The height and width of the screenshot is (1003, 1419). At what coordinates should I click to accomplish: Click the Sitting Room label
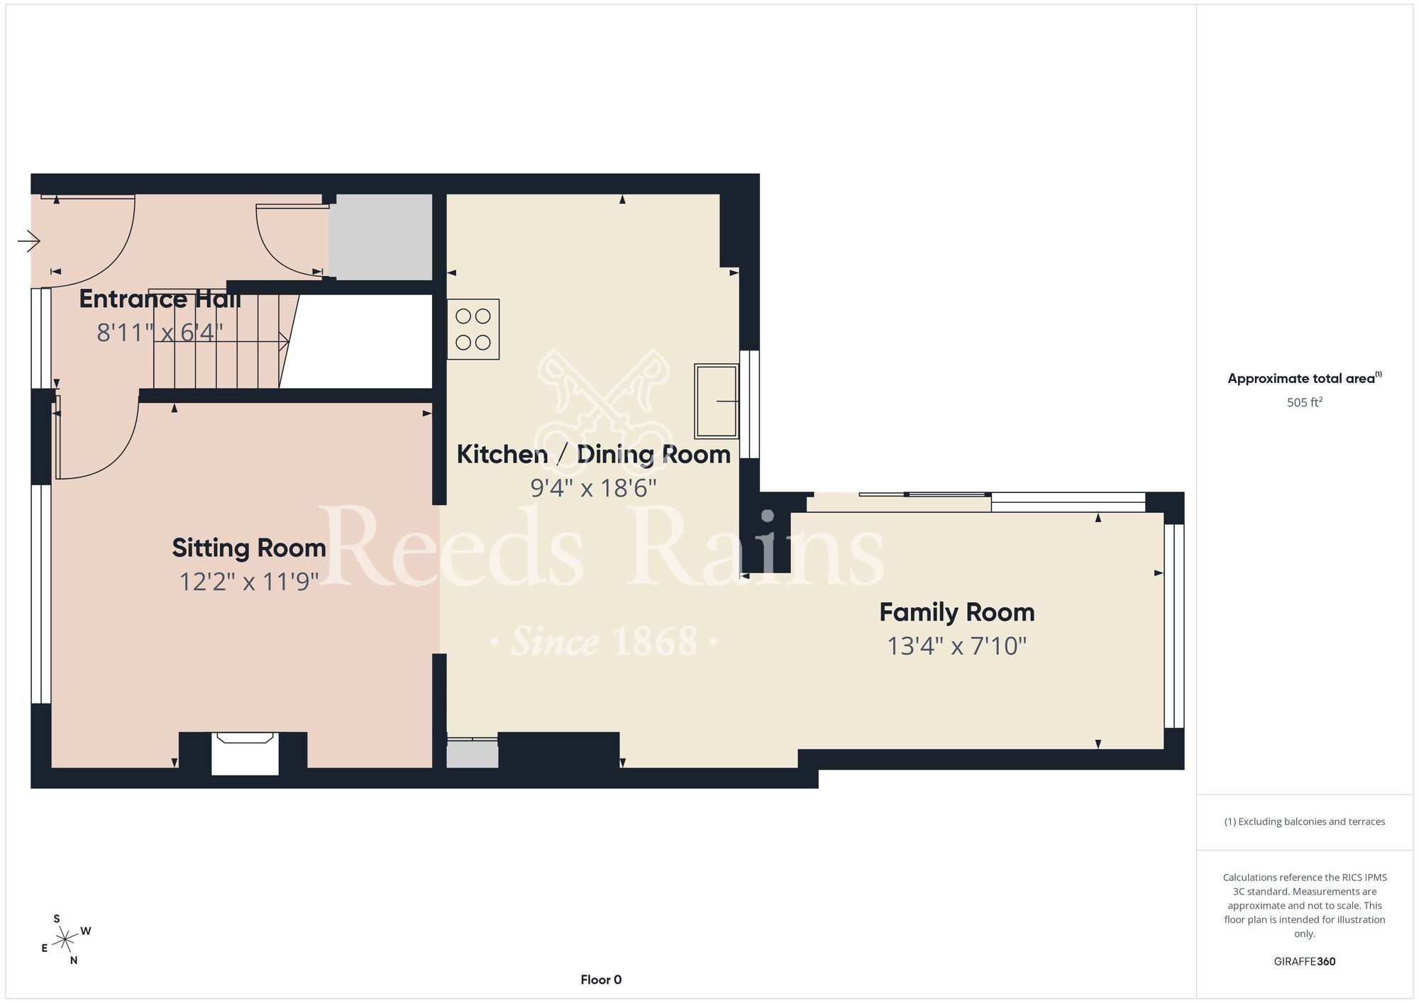click(249, 548)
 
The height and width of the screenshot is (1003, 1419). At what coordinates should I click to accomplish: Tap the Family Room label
click(957, 613)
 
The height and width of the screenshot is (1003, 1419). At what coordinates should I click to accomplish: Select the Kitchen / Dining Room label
click(593, 455)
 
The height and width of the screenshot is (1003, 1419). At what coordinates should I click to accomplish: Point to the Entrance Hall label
click(160, 299)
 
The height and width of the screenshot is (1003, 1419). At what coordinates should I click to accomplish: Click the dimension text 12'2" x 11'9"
click(249, 582)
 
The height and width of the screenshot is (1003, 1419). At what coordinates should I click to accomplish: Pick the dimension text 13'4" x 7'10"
click(957, 646)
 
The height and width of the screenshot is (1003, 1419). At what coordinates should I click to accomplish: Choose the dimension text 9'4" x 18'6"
click(594, 488)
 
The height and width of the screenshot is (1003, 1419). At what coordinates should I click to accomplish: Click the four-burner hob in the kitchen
click(473, 329)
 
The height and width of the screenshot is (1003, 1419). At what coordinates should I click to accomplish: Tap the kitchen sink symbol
click(717, 401)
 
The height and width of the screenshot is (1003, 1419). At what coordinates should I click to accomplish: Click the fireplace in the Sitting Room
click(245, 753)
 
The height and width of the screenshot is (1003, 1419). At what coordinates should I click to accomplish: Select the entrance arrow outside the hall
click(29, 242)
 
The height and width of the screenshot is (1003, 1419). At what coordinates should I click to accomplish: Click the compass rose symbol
click(66, 940)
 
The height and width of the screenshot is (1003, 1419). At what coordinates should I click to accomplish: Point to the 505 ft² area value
click(1305, 402)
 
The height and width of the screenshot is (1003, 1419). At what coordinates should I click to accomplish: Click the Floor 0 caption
click(601, 980)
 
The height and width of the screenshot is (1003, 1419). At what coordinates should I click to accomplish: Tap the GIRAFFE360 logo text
click(1305, 962)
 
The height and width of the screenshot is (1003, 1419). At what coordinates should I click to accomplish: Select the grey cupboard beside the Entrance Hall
click(380, 237)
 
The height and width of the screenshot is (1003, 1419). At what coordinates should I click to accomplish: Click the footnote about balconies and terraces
click(1305, 821)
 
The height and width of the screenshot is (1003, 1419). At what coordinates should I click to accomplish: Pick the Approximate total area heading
click(1305, 378)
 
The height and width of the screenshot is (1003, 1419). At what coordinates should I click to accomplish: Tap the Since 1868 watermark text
click(604, 641)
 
